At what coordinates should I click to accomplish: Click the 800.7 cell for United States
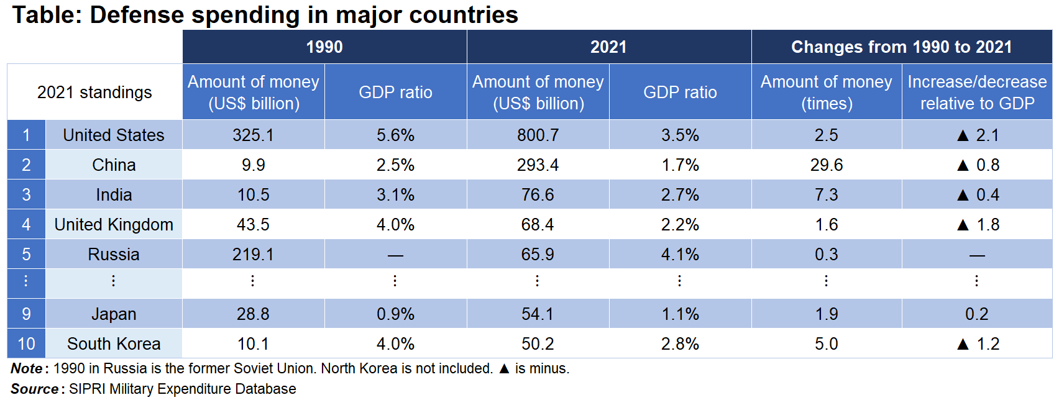538,135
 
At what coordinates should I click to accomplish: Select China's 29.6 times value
826,165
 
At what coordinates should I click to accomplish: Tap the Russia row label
114,254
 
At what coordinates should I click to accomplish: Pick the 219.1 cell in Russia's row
253,254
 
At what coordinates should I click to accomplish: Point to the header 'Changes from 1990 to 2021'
901,47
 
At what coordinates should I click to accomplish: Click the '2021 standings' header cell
94,93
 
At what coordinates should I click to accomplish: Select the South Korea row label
114,343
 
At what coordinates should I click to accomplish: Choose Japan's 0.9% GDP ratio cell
395,314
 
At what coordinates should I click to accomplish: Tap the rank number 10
26,343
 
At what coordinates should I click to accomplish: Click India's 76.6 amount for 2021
538,194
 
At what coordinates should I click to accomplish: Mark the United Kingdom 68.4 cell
538,224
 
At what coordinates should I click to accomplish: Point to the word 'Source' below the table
35,389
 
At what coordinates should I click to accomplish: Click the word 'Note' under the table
27,368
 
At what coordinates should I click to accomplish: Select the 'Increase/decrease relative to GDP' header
977,93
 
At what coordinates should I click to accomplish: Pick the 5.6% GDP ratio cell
395,135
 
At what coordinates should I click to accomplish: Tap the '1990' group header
324,47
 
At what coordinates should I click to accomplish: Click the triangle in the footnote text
504,369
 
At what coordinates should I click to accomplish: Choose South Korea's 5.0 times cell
826,343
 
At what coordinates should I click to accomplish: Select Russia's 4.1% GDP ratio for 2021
680,254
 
